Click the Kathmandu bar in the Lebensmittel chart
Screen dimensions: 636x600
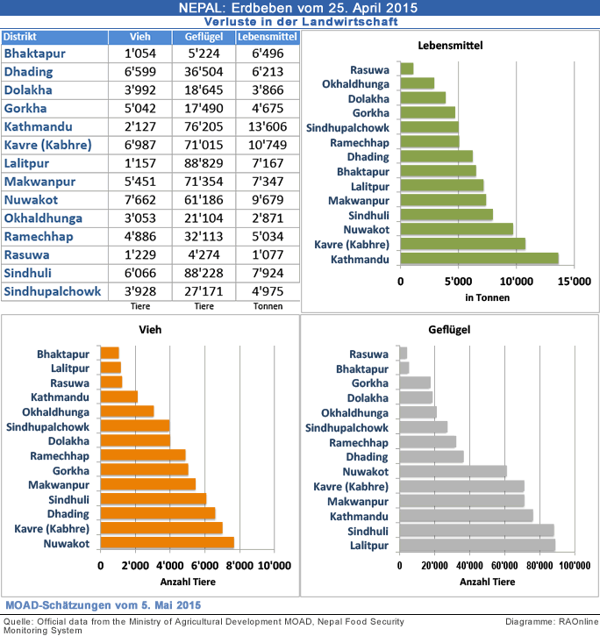[478, 259]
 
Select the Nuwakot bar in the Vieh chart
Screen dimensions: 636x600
[167, 544]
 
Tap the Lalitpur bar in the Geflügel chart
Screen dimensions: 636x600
[476, 546]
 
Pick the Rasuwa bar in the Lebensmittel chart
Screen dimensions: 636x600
[406, 68]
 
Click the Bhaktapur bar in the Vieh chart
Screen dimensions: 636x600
[110, 353]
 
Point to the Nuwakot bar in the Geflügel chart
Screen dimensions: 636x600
[453, 471]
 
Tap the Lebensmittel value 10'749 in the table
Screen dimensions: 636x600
[268, 145]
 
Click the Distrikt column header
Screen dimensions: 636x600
[54, 37]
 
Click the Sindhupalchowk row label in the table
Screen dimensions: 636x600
[54, 291]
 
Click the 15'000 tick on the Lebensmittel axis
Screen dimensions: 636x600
[574, 282]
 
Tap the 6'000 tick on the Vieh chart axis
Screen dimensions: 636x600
[204, 566]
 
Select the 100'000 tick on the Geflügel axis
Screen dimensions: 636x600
[574, 566]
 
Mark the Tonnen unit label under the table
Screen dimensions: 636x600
[268, 306]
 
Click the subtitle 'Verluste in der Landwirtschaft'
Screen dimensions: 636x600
[300, 21]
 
